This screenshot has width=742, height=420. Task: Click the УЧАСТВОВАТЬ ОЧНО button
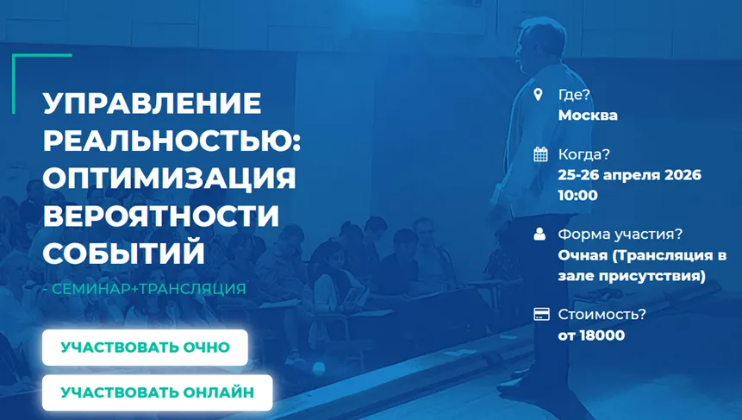coord(145,348)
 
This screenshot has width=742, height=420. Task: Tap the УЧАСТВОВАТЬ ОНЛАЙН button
coord(157,392)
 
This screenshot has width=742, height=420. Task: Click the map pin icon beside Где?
coord(538,94)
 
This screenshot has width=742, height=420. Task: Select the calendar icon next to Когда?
coord(540,154)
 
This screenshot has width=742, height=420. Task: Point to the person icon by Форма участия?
coord(539,234)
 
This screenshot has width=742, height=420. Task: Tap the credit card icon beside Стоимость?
coord(541,314)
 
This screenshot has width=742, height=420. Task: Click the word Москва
coord(588,115)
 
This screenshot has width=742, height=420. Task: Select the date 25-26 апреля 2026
coord(629,175)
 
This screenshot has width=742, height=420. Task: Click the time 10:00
coord(577,195)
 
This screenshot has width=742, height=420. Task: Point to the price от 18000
coord(591,335)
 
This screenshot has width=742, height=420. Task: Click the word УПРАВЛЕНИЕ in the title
coord(152,103)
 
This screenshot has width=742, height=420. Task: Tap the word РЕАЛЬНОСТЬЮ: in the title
coord(171,141)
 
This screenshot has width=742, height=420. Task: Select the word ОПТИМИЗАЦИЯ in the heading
coord(170,178)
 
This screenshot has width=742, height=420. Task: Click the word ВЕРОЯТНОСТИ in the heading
coord(161,215)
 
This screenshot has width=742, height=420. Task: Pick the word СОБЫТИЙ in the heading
coord(124,253)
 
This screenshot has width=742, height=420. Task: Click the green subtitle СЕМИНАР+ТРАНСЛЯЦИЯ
coord(149,288)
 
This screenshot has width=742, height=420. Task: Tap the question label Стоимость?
coord(602,315)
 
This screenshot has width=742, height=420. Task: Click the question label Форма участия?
coord(620,235)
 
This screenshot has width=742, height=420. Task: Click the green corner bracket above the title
coord(14,84)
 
